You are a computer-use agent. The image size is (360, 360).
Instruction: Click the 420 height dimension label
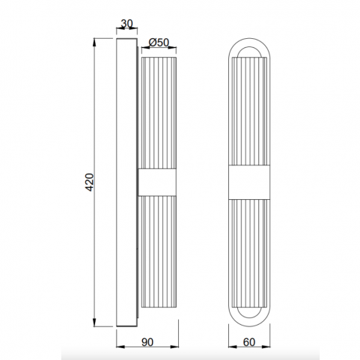[90, 182]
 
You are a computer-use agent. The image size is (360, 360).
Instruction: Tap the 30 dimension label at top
[126, 23]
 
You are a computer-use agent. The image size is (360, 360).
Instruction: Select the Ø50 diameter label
[159, 43]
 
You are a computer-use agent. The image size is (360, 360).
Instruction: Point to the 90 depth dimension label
[147, 342]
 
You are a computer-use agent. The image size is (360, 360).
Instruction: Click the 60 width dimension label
[249, 342]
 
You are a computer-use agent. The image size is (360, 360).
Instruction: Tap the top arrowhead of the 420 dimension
[94, 42]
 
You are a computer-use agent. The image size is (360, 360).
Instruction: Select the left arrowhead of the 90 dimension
[120, 347]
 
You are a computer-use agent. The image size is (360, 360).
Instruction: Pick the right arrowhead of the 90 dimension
[174, 347]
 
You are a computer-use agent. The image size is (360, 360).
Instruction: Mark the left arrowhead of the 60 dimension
[233, 347]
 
